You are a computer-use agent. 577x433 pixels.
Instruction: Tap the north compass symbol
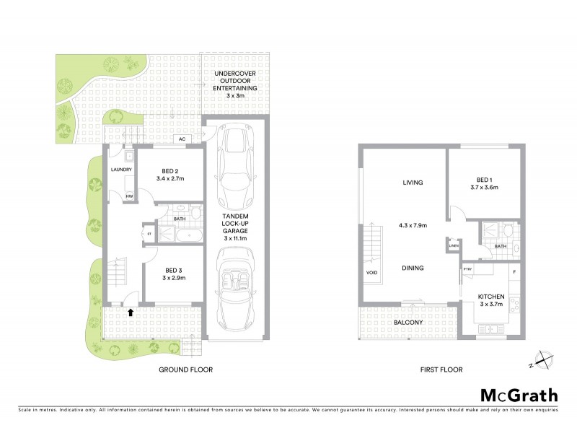(x=542, y=359)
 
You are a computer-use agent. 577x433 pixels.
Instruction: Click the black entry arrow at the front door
(x=131, y=312)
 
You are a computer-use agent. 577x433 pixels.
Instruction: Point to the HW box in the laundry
(x=130, y=196)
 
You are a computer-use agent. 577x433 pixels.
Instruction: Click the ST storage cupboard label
(x=149, y=233)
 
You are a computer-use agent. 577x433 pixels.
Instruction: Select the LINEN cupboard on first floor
(x=453, y=246)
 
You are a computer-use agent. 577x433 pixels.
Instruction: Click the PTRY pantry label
(x=467, y=271)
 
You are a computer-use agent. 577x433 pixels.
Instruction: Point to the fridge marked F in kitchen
(x=514, y=272)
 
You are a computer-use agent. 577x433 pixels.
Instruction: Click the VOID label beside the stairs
(x=371, y=273)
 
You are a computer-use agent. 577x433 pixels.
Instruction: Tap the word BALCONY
(x=408, y=323)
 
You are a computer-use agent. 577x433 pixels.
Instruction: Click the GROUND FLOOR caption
(x=185, y=369)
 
